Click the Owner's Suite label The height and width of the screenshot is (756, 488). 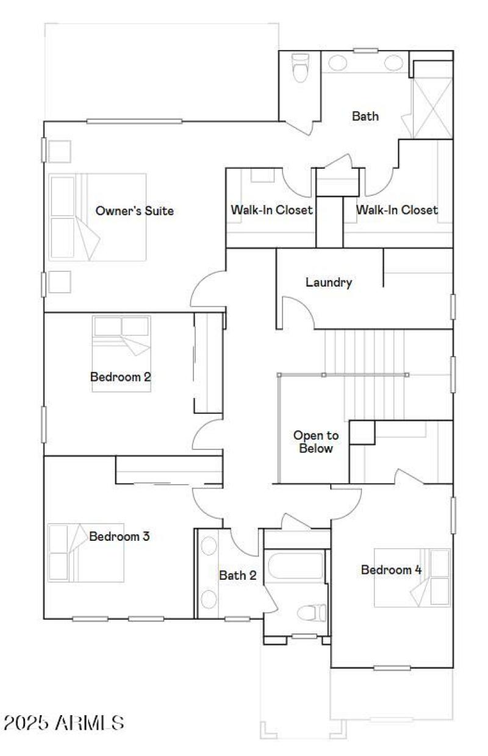click(x=134, y=211)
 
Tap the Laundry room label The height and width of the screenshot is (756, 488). click(x=329, y=282)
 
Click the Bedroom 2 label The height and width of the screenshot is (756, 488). click(x=120, y=376)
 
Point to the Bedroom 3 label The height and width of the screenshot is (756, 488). click(x=120, y=537)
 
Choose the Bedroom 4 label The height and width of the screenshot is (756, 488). click(x=391, y=570)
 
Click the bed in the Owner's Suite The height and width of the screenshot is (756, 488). click(x=98, y=216)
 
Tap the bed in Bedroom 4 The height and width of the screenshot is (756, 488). click(x=413, y=577)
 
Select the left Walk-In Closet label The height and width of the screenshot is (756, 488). click(x=271, y=210)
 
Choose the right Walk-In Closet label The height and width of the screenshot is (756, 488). click(x=396, y=210)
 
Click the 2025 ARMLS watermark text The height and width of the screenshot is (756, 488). click(x=63, y=723)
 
